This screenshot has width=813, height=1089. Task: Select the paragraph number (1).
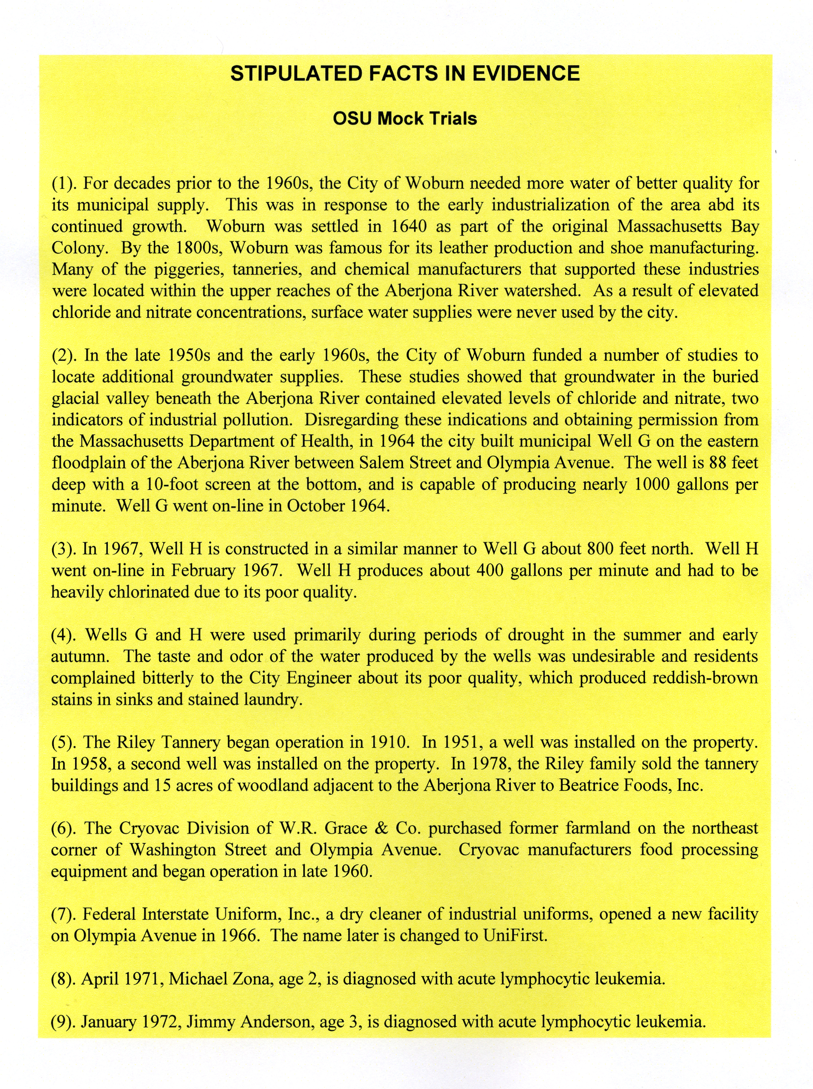tap(65, 184)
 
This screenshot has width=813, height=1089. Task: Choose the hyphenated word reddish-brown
tap(705, 678)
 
